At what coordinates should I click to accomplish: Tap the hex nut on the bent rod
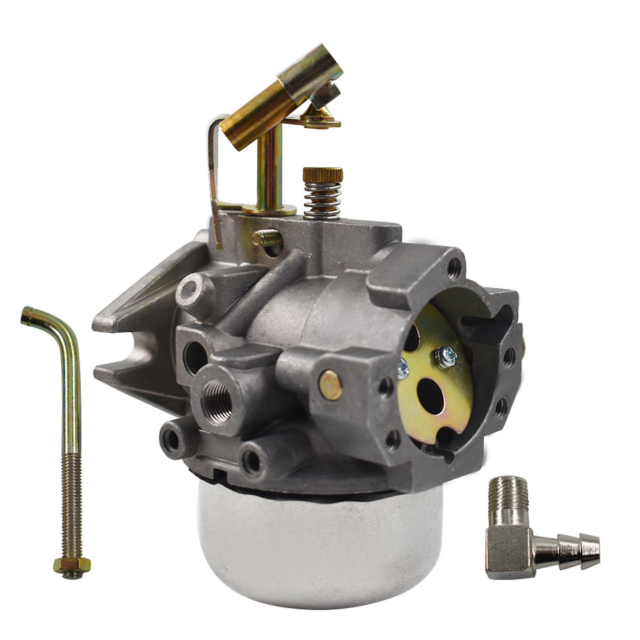(72, 566)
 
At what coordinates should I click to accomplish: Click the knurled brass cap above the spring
(323, 174)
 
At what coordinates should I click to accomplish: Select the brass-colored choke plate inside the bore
(431, 377)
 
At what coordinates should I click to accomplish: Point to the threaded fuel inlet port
(217, 402)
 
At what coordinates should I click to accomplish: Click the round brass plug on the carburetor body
(330, 385)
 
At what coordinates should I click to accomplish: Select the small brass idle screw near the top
(267, 237)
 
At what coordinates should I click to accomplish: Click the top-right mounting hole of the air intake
(455, 267)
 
